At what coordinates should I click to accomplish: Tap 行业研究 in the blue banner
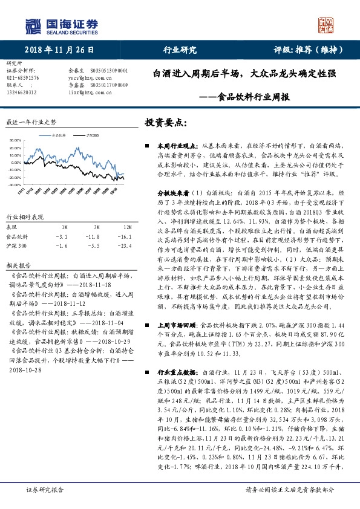point(180,50)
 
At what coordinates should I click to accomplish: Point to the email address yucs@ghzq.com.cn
point(88,78)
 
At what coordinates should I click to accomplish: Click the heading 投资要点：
point(164,123)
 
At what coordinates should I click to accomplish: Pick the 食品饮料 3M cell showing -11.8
point(92,237)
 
